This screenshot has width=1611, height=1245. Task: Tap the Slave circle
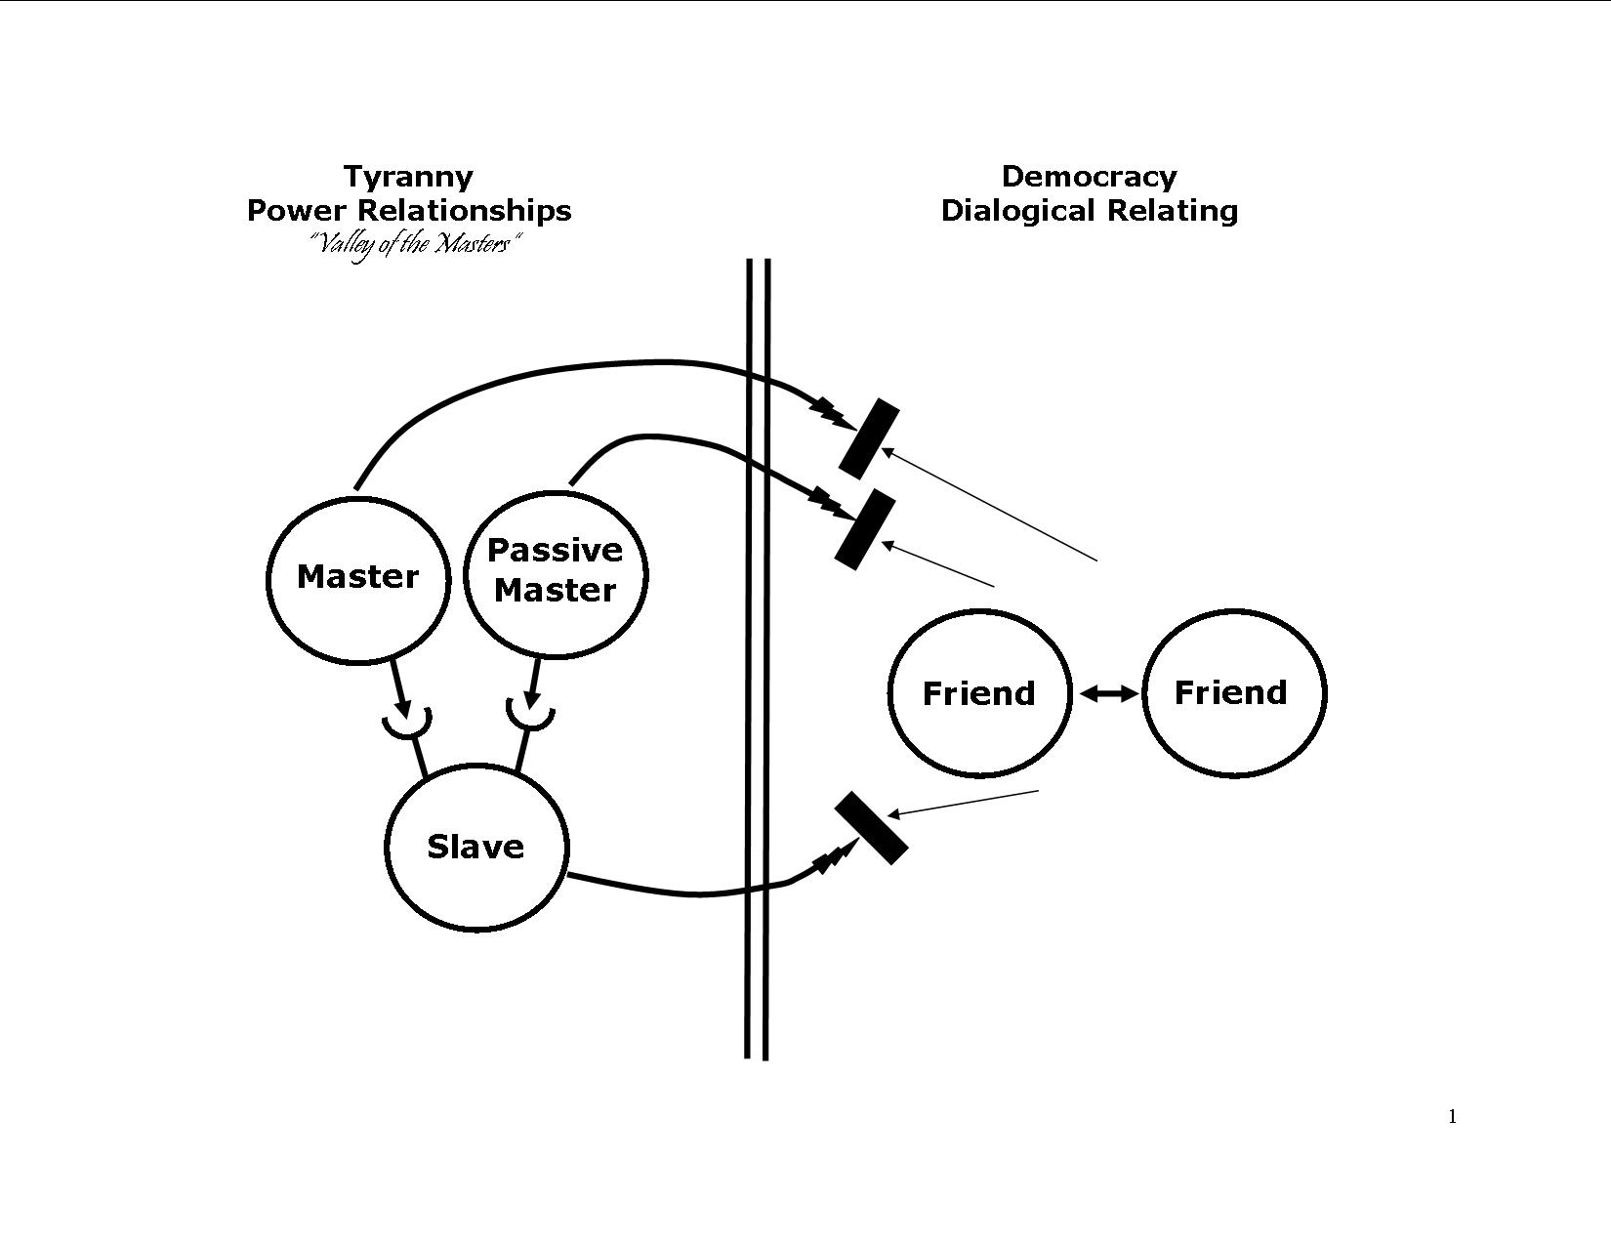pos(475,846)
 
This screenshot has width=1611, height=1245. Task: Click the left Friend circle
pos(979,693)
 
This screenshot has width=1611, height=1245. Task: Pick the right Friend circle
pos(1233,692)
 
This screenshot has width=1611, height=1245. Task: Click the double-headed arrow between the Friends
pos(1109,693)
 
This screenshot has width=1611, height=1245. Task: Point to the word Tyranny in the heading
pos(408,177)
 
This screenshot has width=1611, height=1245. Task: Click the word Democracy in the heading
pos(1089,177)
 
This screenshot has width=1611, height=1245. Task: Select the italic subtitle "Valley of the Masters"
pos(414,244)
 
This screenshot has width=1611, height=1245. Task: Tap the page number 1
pos(1453,1117)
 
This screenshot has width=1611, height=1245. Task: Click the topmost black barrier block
pos(868,438)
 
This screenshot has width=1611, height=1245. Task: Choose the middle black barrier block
pos(864,529)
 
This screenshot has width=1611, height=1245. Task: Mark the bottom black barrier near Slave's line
pos(871,828)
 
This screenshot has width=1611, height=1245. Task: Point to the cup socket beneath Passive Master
pos(530,718)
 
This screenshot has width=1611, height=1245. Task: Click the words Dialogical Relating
pos(1089,211)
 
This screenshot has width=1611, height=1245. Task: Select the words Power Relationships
pos(408,211)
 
